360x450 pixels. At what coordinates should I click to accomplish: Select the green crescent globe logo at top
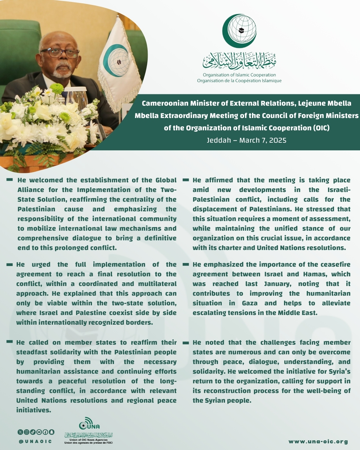pos(239,31)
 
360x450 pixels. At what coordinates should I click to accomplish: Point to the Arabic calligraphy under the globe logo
pos(239,62)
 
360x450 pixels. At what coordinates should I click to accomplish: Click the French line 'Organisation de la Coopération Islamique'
pos(239,81)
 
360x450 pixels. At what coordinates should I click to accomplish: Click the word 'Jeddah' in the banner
pos(219,140)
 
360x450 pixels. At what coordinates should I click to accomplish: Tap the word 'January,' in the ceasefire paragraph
pos(278,284)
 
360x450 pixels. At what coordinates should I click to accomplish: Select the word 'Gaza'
pos(250,303)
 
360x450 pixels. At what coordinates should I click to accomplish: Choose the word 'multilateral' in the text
pos(157,284)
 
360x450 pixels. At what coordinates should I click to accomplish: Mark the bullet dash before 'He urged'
pos(10,265)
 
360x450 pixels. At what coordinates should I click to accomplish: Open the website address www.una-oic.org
pos(318,442)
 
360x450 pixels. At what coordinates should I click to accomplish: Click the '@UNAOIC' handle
pos(35,442)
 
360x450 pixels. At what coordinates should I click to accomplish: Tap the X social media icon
pos(20,432)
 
